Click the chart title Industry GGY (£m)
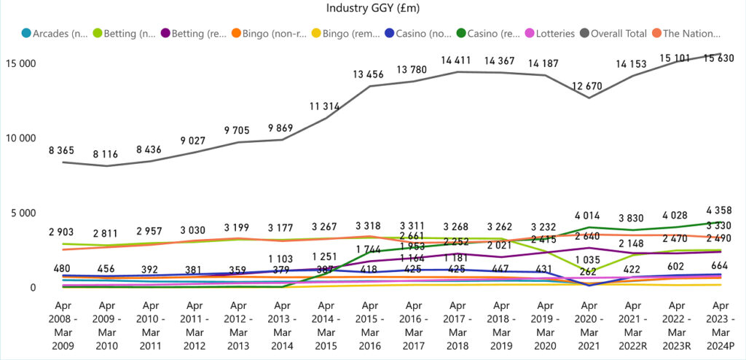tap(372, 9)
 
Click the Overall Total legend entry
tap(613, 33)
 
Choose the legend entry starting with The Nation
tap(687, 33)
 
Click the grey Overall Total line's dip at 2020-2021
tap(590, 98)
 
